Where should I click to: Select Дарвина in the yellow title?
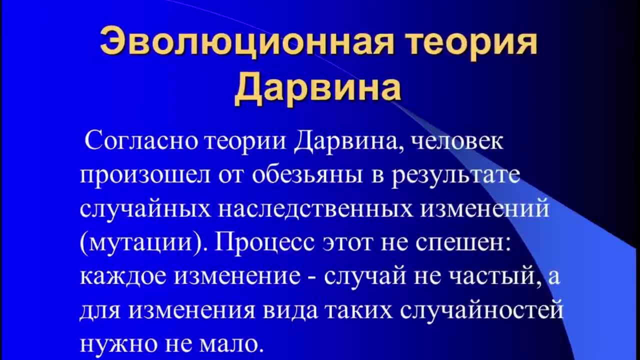[318, 88]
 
